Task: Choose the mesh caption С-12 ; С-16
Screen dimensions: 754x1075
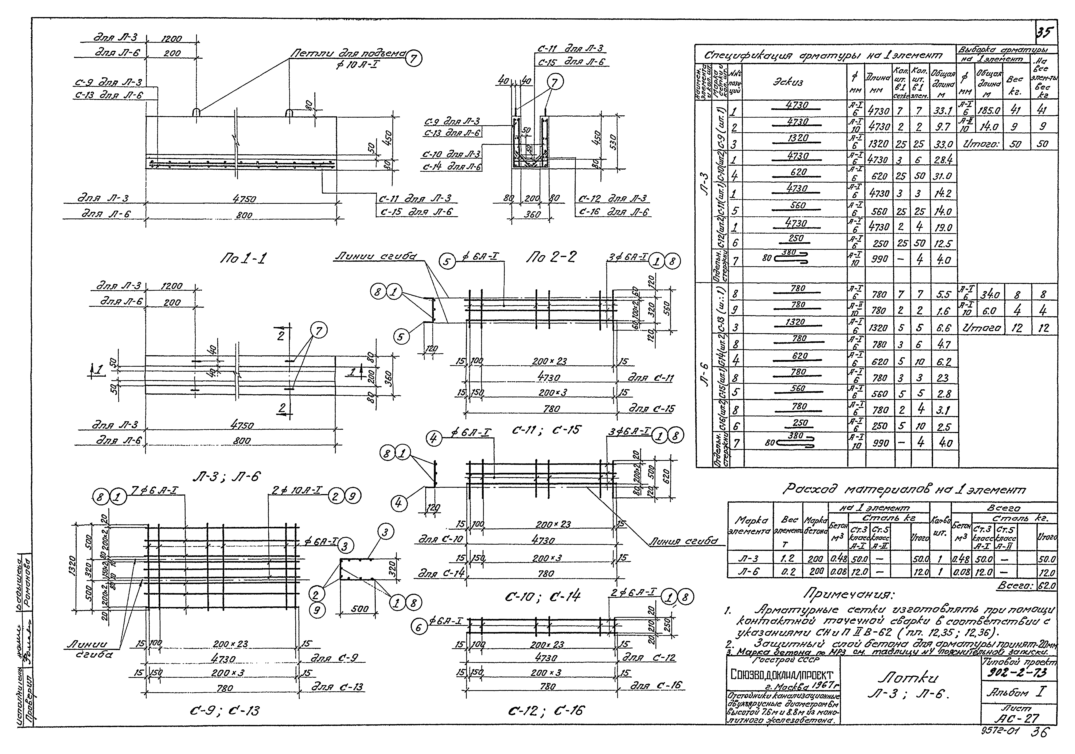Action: click(545, 711)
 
